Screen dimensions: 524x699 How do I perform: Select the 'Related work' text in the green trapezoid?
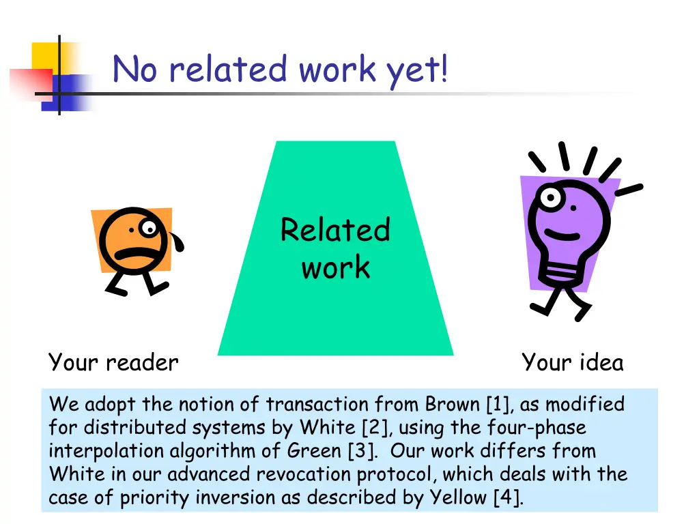(335, 248)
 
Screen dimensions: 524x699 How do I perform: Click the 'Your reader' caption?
(113, 362)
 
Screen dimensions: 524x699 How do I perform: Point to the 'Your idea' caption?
(572, 362)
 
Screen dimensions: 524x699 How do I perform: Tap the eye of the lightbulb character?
(550, 199)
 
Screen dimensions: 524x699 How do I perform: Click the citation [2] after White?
(375, 428)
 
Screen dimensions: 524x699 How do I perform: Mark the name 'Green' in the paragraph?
(313, 451)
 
